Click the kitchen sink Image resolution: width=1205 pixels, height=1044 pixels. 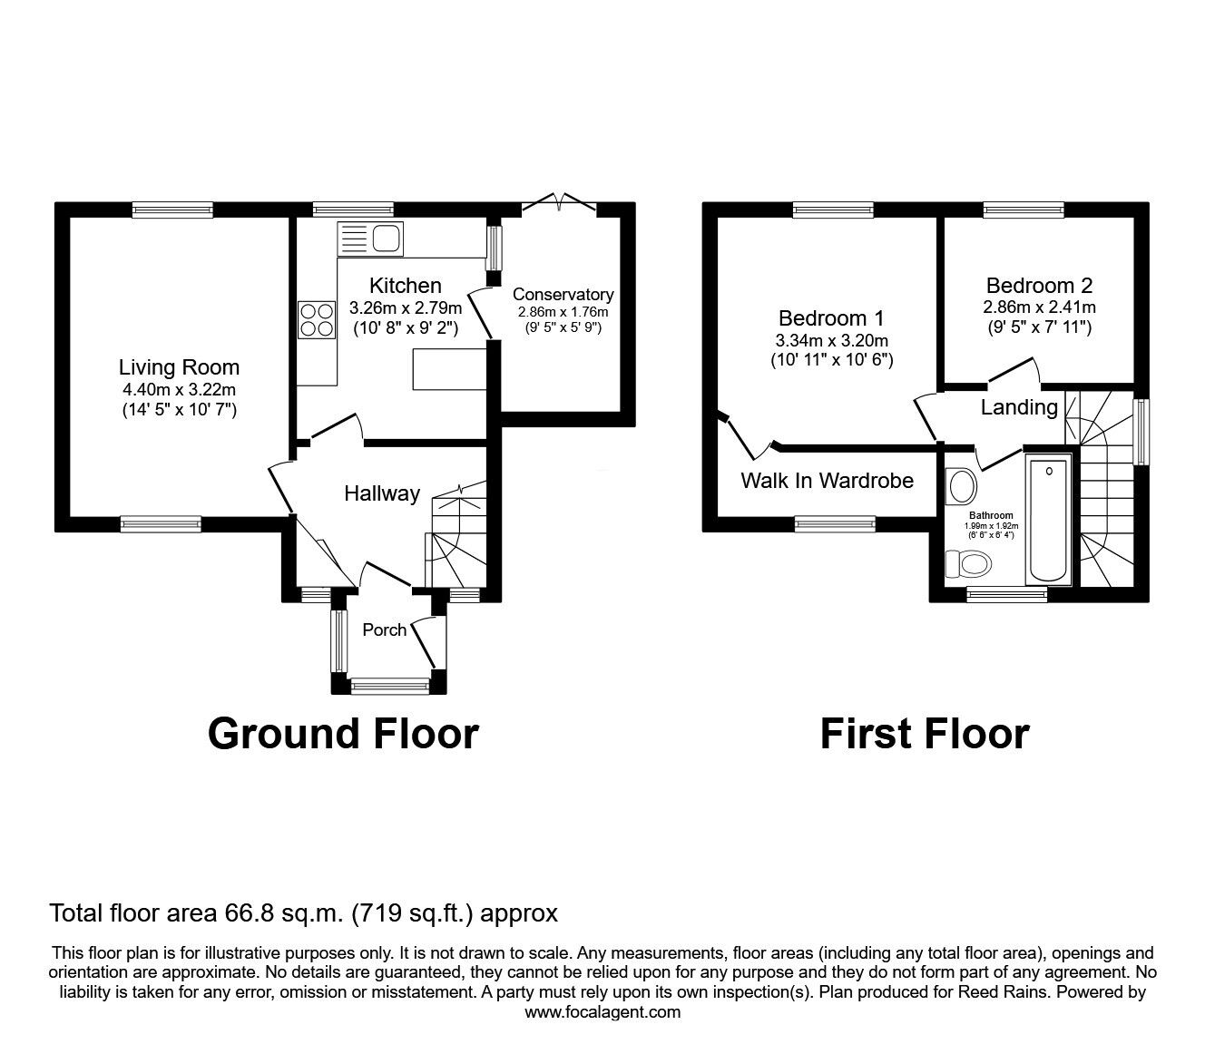(x=370, y=239)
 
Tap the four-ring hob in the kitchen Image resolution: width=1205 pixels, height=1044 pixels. (x=317, y=319)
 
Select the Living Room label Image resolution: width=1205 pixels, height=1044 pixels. (x=179, y=367)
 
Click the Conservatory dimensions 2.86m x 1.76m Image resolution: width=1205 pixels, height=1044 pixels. (x=563, y=312)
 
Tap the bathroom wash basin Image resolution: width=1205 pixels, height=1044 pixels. (x=962, y=485)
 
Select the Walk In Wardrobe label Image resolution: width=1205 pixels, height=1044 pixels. (x=828, y=481)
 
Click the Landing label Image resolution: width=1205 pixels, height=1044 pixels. (x=1019, y=407)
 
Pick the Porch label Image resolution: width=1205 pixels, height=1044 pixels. (x=384, y=629)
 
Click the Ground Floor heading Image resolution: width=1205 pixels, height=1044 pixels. (x=343, y=734)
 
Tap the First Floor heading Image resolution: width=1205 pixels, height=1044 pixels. (x=925, y=734)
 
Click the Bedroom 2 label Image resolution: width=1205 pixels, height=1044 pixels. (x=1040, y=285)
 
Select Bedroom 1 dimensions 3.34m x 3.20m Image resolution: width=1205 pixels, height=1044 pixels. (x=832, y=340)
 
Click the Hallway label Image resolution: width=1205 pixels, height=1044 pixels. (x=382, y=493)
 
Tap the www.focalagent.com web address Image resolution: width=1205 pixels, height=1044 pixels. (x=602, y=1011)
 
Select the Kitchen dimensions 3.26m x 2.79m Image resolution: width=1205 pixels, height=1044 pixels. (x=406, y=307)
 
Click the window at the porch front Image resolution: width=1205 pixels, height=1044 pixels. (x=390, y=686)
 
